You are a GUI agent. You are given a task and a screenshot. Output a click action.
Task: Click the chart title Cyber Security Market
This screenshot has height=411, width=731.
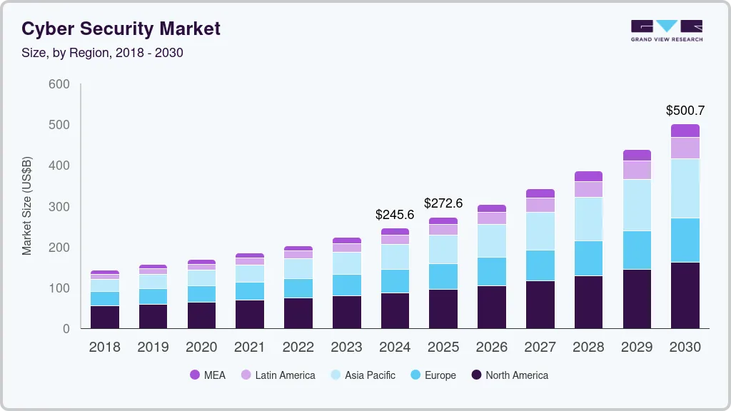tap(121, 29)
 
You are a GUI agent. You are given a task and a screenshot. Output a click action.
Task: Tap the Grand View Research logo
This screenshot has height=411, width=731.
tap(666, 30)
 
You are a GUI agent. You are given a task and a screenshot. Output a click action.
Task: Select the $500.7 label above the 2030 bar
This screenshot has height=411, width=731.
tap(685, 111)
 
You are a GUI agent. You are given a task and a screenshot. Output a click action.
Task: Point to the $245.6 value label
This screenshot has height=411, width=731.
tap(395, 214)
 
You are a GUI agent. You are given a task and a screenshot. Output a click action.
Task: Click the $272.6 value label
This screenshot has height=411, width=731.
tap(443, 203)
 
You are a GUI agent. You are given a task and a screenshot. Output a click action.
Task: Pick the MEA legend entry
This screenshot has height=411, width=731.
tap(208, 375)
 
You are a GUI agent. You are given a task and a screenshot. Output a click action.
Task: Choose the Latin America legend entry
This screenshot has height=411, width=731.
tap(278, 375)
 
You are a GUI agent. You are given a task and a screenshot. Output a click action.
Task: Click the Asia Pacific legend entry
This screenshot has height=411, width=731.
tap(363, 375)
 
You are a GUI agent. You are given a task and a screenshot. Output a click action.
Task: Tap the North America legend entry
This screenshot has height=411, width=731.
tap(510, 375)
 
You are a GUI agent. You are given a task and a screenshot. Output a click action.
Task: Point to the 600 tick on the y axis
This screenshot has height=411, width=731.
tap(59, 84)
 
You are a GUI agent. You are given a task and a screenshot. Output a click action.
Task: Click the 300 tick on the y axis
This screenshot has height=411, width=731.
tap(59, 207)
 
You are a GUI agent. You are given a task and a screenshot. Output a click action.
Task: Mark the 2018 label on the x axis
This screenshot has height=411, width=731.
tap(104, 347)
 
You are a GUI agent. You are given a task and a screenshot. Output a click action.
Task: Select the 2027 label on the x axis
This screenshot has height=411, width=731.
tap(540, 347)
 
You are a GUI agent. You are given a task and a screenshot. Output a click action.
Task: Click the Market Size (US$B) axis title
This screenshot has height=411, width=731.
tap(27, 206)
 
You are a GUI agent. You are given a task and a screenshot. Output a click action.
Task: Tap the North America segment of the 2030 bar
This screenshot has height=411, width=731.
tap(685, 295)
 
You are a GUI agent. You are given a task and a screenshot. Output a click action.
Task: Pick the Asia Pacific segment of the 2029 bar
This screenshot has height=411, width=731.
tap(637, 205)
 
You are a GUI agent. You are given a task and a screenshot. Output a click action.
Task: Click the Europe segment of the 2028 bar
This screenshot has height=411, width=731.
tap(588, 258)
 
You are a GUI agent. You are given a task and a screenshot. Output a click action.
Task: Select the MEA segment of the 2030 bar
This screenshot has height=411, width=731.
tap(685, 131)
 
